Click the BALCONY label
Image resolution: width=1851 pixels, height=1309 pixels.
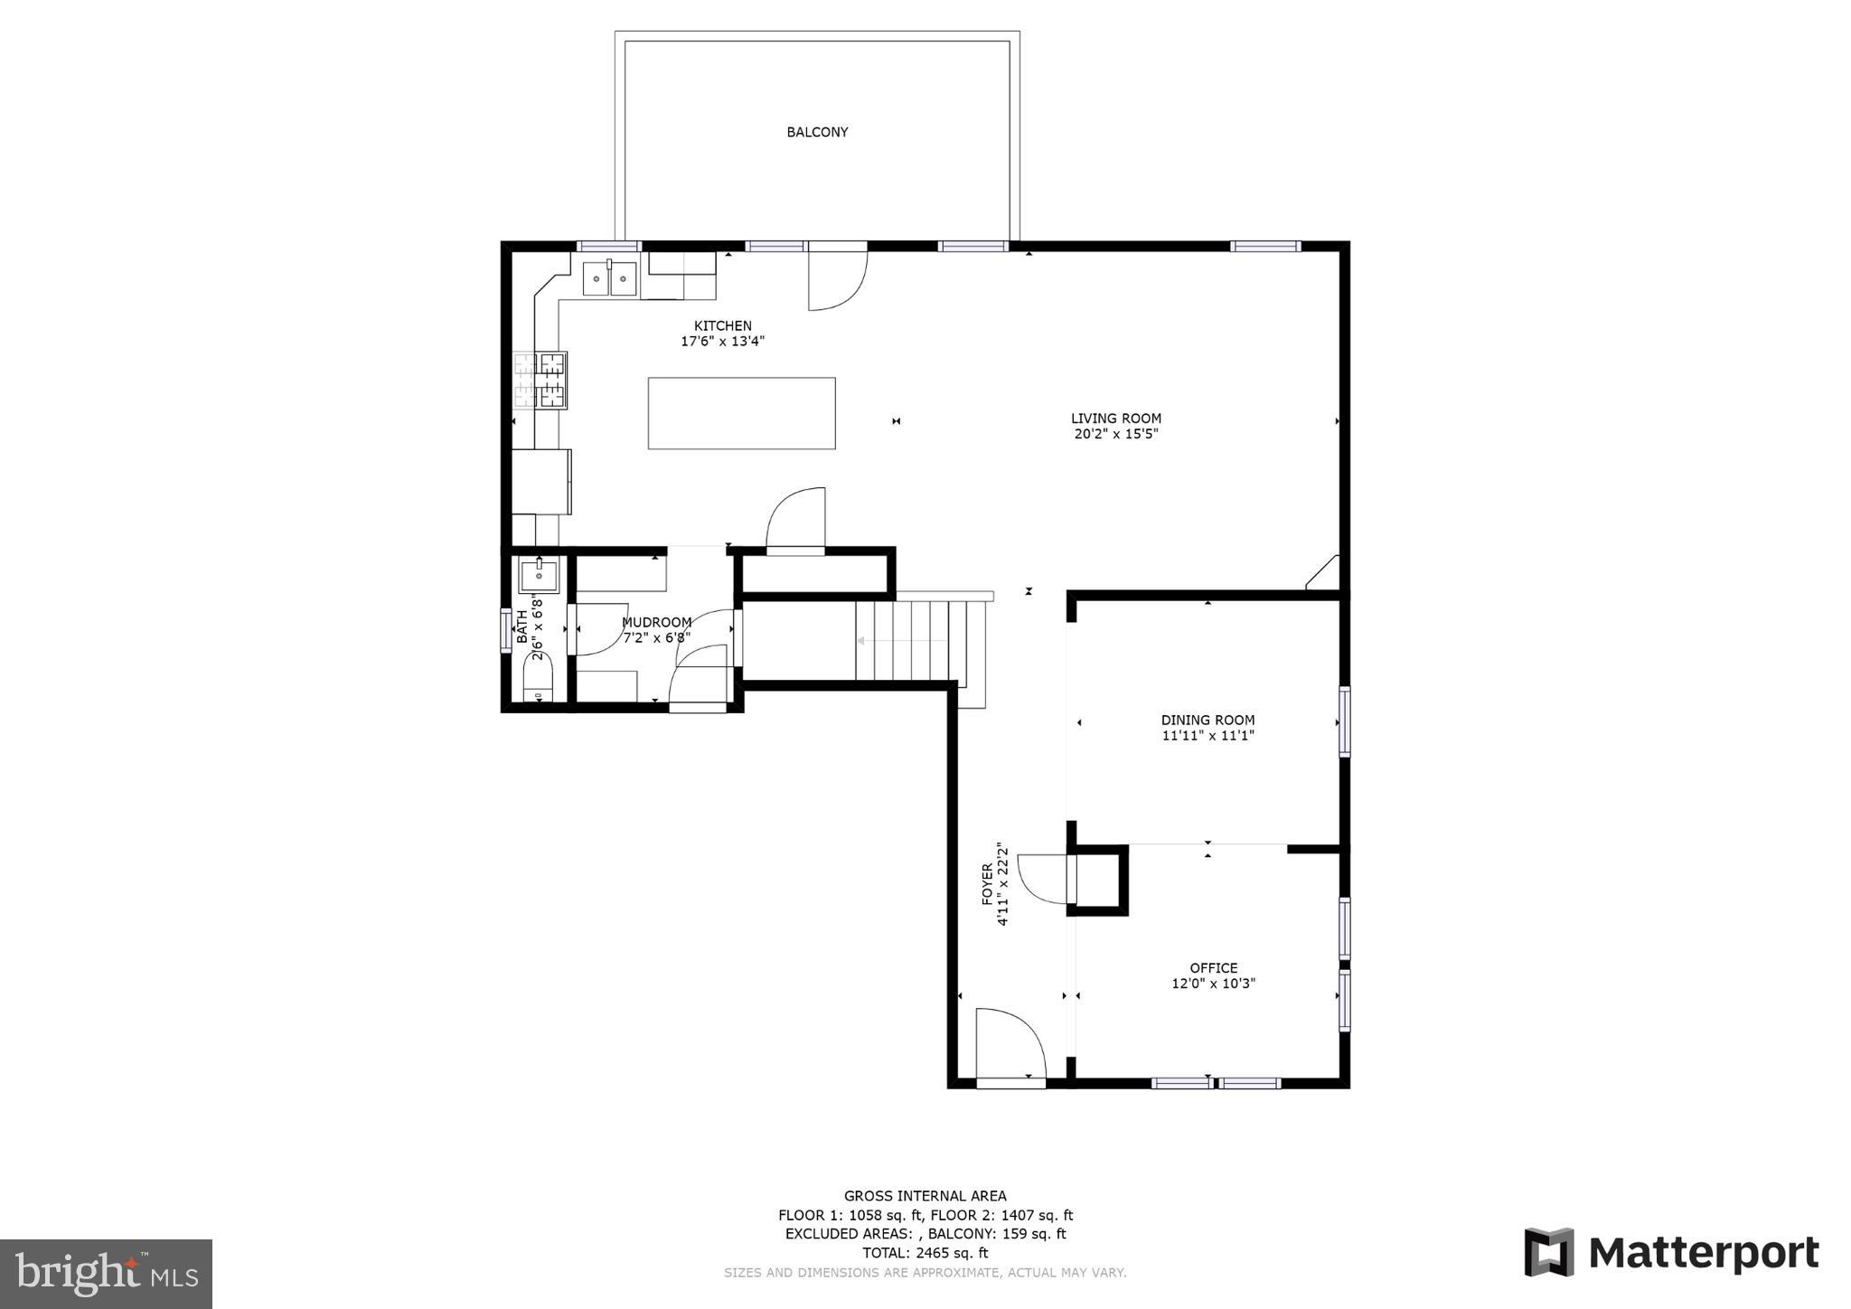817,132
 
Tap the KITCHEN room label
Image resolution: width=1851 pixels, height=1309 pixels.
723,326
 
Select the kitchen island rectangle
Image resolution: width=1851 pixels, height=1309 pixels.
741,413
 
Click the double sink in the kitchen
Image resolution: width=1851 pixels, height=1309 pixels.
610,278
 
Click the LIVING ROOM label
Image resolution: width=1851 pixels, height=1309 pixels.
1116,419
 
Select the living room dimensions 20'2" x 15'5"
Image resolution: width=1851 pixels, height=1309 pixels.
1116,434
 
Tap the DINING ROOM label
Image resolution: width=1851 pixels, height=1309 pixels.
1208,720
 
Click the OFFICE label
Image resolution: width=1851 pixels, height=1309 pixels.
1214,968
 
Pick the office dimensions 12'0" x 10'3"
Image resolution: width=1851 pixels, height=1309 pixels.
1214,984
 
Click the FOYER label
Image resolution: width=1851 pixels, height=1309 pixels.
988,883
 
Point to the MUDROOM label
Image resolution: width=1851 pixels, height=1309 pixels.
657,622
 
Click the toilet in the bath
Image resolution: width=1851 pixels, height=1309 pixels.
538,677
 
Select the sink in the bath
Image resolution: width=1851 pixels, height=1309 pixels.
539,575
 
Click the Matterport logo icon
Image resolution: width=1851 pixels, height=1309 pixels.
1549,1252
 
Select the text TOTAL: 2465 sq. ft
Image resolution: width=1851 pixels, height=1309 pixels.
925,1253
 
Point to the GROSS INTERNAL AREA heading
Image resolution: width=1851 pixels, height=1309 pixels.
925,1196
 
